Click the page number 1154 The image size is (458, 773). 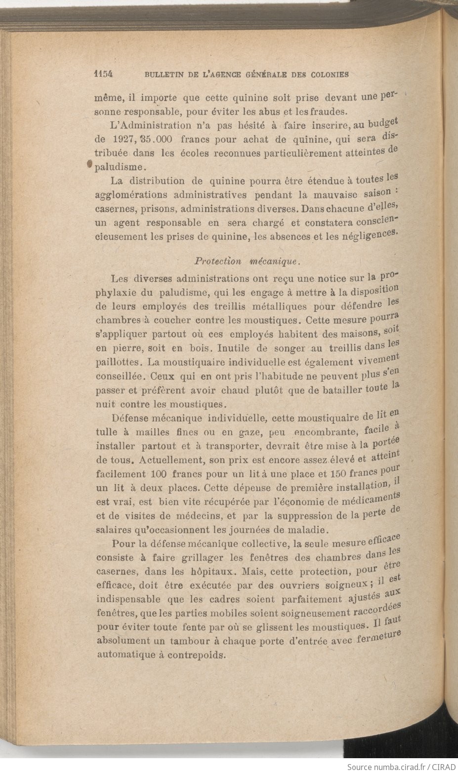tap(104, 74)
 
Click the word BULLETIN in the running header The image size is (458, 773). tap(163, 75)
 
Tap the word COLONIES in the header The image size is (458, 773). tap(330, 75)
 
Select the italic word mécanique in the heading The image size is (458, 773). tap(274, 261)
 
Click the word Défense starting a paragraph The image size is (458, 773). tap(130, 419)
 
